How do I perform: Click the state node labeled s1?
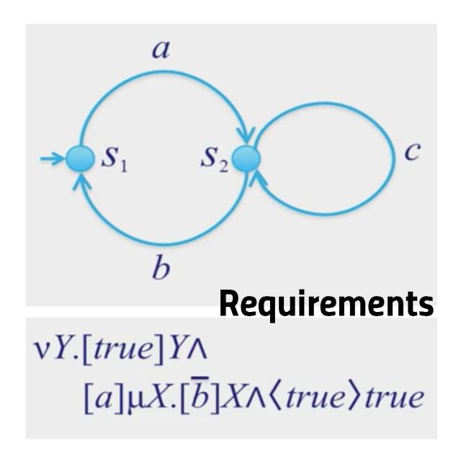80,158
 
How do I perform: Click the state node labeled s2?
246,158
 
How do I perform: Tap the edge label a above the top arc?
161,50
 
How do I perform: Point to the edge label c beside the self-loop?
412,152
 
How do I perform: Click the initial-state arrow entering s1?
53,158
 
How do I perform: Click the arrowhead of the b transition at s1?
81,182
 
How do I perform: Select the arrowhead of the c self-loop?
256,179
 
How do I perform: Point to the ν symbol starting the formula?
40,351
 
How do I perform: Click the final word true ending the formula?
395,398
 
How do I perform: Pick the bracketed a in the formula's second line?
103,398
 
